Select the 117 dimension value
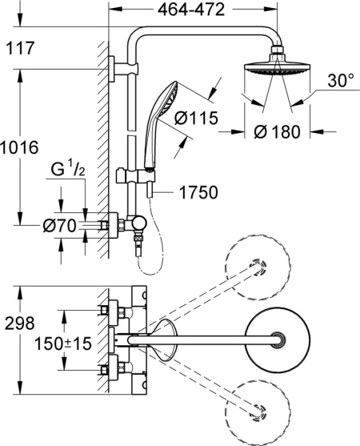click(19, 49)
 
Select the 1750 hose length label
click(199, 193)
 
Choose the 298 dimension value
click(19, 323)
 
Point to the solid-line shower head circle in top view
click(276, 339)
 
